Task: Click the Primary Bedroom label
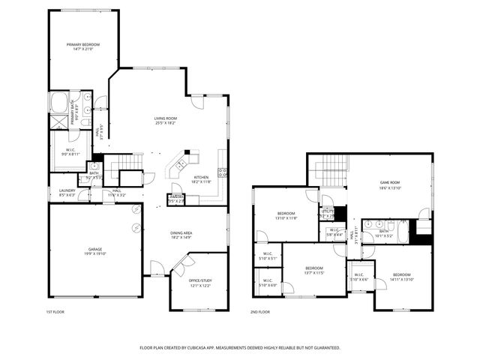pyautogui.click(x=82, y=45)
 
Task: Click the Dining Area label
pyautogui.click(x=181, y=233)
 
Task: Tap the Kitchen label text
pyautogui.click(x=202, y=178)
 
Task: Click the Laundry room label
pyautogui.click(x=67, y=190)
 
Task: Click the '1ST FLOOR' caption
pyautogui.click(x=55, y=311)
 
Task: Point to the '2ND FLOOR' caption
pyautogui.click(x=260, y=311)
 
